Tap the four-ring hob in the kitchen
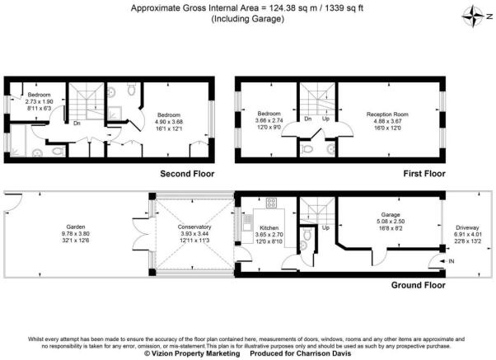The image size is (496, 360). click(269, 203)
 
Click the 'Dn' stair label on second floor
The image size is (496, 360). click(77, 125)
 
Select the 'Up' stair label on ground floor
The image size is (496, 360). click(325, 227)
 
